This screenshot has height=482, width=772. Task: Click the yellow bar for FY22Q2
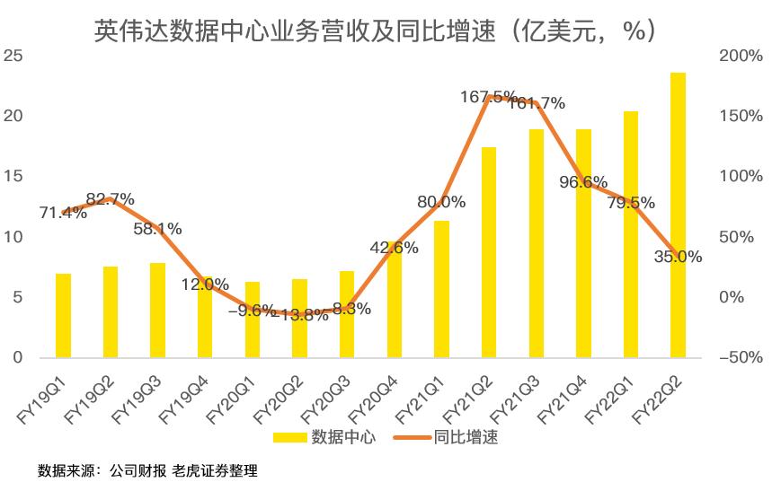(678, 215)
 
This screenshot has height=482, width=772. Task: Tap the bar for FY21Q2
(489, 252)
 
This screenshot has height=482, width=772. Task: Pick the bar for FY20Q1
(253, 320)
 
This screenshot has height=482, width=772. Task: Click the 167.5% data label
(489, 96)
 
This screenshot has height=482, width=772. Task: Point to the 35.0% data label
(678, 257)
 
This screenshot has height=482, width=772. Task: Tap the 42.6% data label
(395, 248)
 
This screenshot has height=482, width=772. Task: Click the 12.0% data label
(205, 285)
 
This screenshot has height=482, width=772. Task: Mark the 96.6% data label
(583, 183)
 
